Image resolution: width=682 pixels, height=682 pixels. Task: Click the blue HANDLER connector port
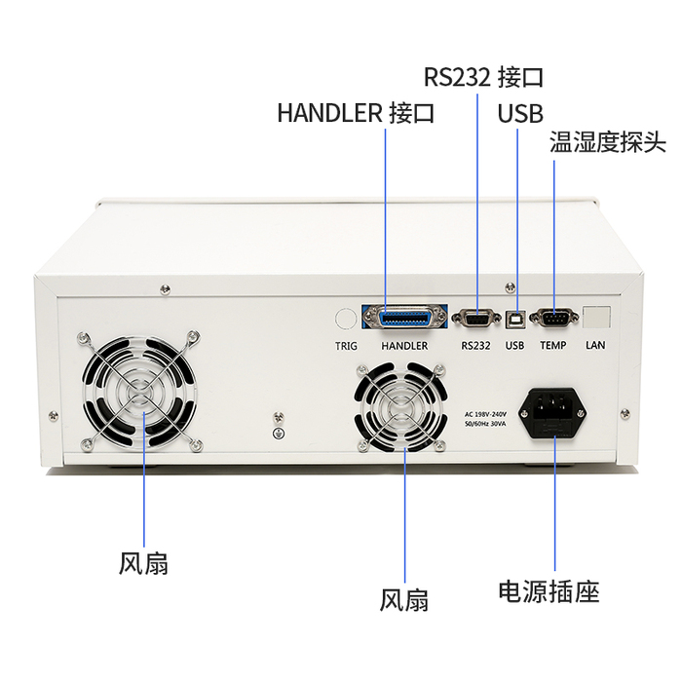click(404, 318)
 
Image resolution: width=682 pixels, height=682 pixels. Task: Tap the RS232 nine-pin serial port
click(475, 319)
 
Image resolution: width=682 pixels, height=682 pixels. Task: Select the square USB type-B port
click(515, 319)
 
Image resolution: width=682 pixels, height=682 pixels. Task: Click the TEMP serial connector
click(554, 318)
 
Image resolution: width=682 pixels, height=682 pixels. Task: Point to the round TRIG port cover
click(346, 319)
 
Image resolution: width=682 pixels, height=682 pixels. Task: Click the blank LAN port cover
click(596, 317)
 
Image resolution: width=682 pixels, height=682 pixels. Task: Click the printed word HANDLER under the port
click(404, 346)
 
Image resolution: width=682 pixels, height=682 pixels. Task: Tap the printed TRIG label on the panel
click(346, 346)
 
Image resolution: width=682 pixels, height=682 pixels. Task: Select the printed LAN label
click(595, 345)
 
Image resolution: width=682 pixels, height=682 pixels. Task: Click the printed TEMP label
click(553, 345)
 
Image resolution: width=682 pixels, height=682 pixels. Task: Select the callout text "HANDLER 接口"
click(356, 113)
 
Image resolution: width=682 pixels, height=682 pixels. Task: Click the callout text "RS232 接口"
click(483, 77)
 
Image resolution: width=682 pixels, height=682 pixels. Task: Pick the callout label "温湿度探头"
click(608, 141)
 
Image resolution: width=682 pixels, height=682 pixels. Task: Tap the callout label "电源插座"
click(549, 591)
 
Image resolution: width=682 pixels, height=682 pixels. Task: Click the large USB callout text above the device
click(520, 113)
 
